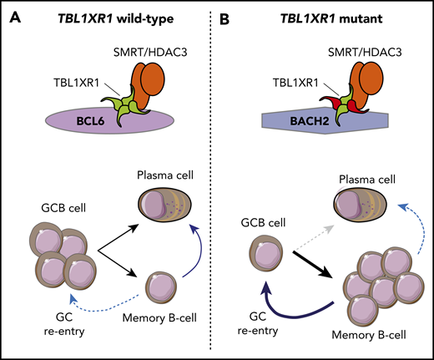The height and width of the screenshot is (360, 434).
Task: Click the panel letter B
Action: coord(235,14)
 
